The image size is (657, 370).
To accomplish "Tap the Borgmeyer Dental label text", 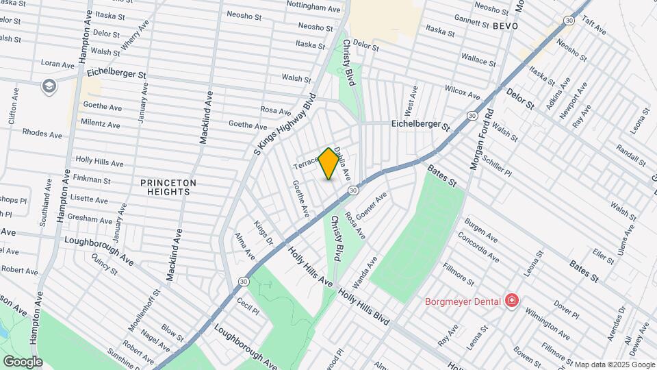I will click(x=463, y=300).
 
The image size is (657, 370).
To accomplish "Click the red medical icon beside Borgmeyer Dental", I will click(x=511, y=300).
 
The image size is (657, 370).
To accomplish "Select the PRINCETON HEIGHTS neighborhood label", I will click(x=168, y=187).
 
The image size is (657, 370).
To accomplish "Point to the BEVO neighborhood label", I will click(x=504, y=25).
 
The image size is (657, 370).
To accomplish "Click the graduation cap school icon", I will click(x=49, y=86).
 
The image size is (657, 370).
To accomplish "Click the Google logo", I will click(x=22, y=361).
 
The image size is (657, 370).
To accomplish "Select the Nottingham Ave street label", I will click(x=313, y=10).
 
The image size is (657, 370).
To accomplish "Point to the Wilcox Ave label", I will click(x=463, y=91).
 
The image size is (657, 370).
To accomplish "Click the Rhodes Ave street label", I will click(x=43, y=132).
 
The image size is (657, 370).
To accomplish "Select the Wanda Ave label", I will click(x=364, y=273).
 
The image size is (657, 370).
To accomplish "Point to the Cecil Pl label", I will click(x=248, y=305).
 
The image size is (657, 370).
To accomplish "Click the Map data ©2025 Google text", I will click(x=614, y=365).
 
